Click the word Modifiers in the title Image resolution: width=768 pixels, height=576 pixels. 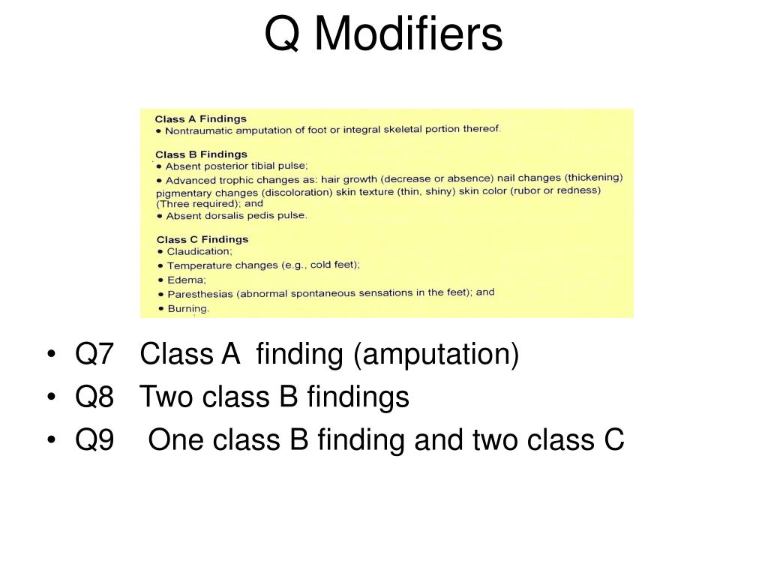click(x=407, y=34)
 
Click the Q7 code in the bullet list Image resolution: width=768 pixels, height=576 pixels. click(x=94, y=354)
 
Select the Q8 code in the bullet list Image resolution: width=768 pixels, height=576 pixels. click(x=94, y=397)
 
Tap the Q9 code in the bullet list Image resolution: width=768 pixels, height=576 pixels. click(x=94, y=440)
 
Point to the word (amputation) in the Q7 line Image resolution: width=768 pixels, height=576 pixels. click(x=436, y=355)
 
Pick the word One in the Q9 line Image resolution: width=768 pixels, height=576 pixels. click(x=174, y=440)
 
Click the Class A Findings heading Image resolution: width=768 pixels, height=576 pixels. click(x=200, y=118)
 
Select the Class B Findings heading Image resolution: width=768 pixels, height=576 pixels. click(x=201, y=154)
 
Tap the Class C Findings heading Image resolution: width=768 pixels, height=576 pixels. click(x=201, y=239)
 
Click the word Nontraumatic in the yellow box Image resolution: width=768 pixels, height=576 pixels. click(x=199, y=130)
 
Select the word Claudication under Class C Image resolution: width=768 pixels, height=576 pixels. click(x=199, y=252)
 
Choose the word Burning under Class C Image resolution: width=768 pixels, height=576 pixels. click(x=187, y=308)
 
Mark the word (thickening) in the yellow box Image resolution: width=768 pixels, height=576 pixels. click(x=594, y=178)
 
